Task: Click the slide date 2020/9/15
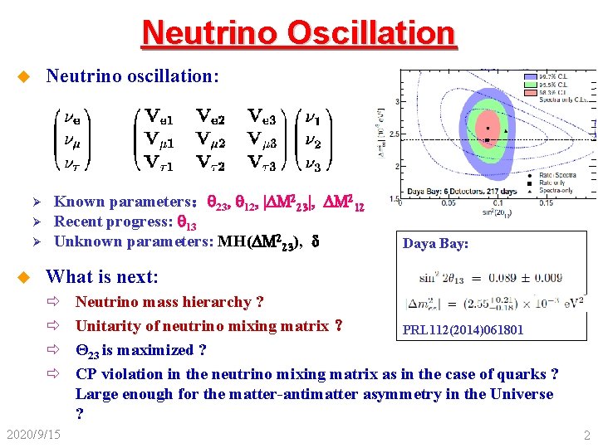[33, 434]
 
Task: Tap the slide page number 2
[586, 435]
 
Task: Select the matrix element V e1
[159, 115]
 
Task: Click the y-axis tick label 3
[396, 101]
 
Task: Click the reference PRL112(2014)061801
[463, 330]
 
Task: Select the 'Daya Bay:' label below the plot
[435, 244]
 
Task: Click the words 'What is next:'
[101, 276]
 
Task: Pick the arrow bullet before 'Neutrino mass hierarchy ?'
[56, 303]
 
